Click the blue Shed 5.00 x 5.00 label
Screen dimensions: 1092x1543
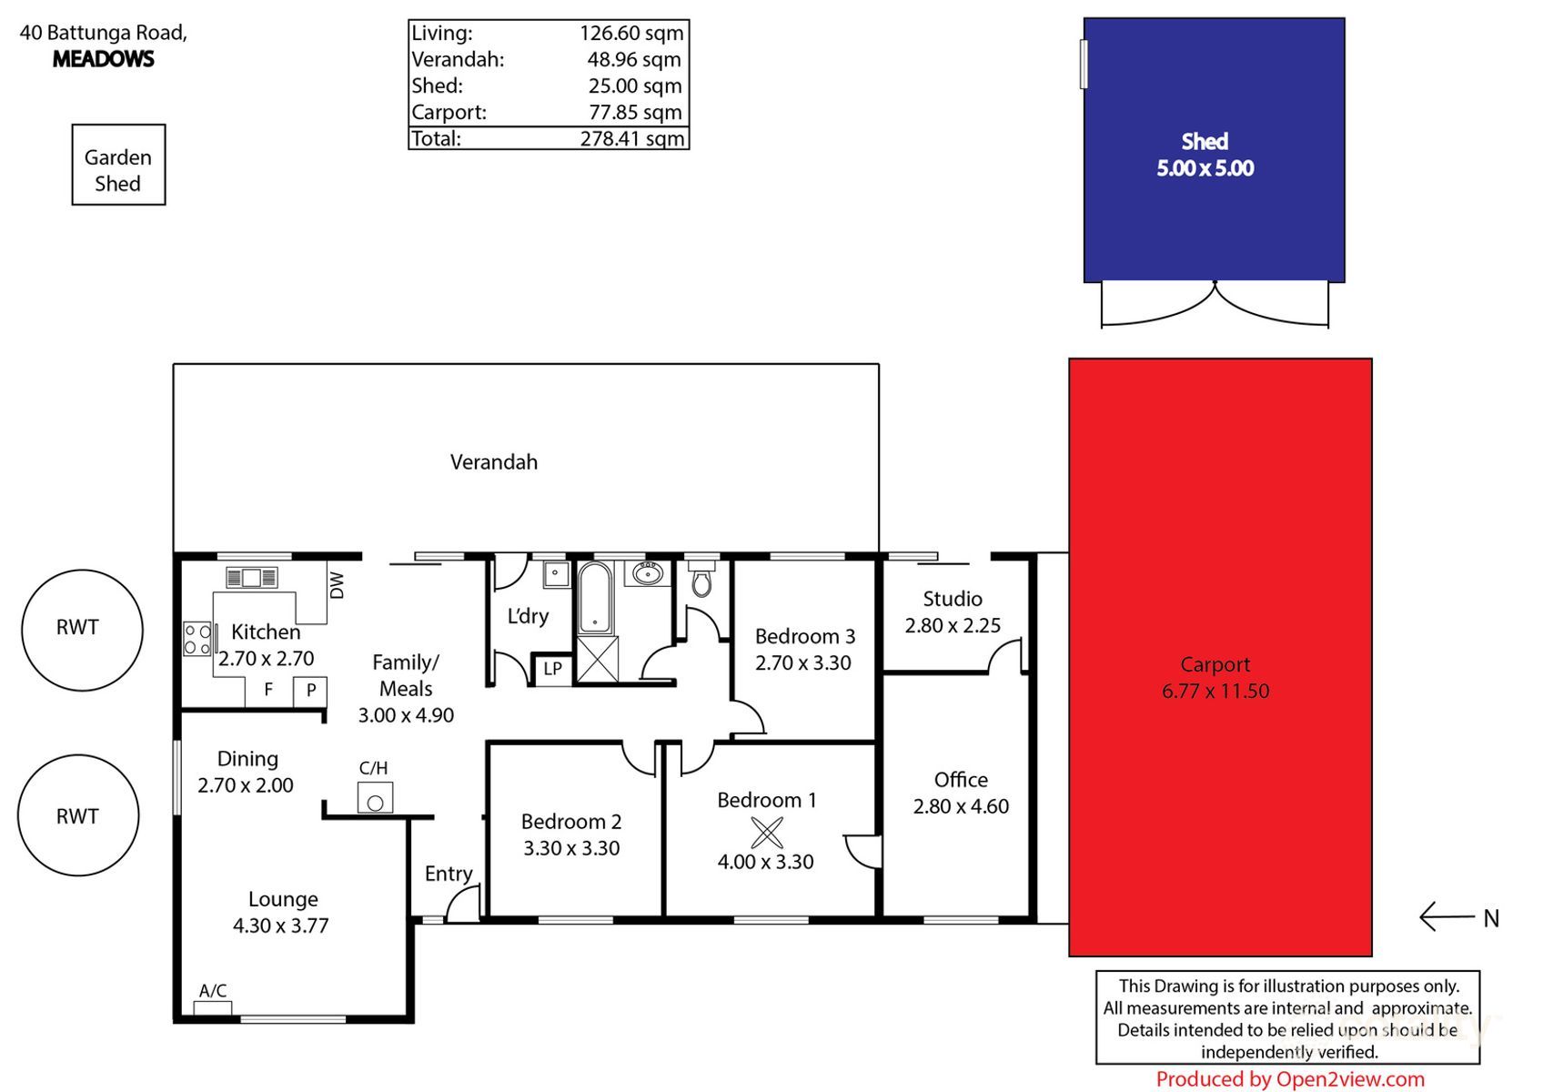tap(1205, 156)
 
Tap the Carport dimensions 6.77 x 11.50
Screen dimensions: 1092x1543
tap(1215, 692)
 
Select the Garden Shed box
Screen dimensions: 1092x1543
tap(118, 166)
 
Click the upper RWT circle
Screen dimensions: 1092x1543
tap(82, 630)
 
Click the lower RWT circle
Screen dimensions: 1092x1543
tap(78, 815)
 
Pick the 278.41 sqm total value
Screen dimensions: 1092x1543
tap(631, 138)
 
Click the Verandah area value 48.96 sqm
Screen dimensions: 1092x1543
tap(634, 60)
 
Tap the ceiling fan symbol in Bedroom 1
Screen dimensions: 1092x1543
tap(766, 832)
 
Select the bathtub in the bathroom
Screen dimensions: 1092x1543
tap(595, 598)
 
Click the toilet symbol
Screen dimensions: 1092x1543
tap(701, 579)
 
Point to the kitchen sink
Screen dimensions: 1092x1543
tap(251, 577)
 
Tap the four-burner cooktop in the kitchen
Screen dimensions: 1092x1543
tap(197, 639)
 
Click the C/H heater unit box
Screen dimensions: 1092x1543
tap(375, 798)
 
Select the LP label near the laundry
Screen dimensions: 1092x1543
tap(552, 669)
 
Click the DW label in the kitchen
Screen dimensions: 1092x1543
tap(337, 585)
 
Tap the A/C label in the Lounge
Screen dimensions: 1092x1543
tap(213, 991)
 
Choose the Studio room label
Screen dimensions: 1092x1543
tap(952, 599)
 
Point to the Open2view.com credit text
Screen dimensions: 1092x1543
tap(1289, 1079)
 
